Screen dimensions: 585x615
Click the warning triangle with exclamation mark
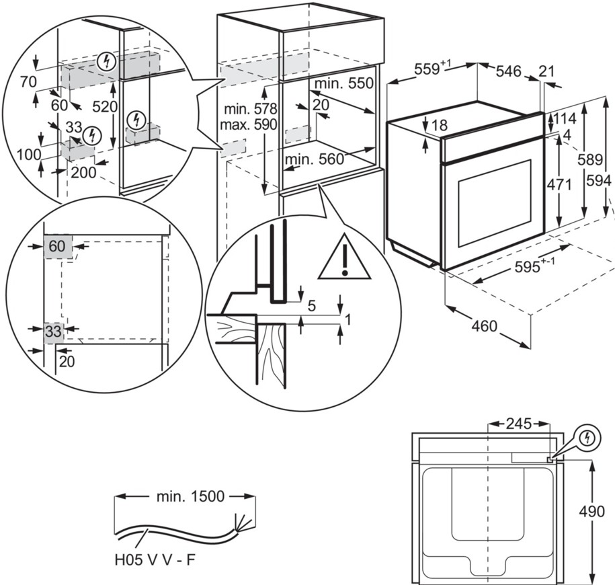(345, 258)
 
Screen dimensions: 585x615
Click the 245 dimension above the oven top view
(518, 424)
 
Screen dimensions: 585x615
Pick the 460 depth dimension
(484, 326)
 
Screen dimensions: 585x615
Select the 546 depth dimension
(509, 71)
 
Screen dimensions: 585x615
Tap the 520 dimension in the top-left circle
(105, 106)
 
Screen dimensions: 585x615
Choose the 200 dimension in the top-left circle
(84, 171)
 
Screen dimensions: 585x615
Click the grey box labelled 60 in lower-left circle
(56, 247)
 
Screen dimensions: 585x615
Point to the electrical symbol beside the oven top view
(588, 438)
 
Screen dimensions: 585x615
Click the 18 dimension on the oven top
(439, 125)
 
